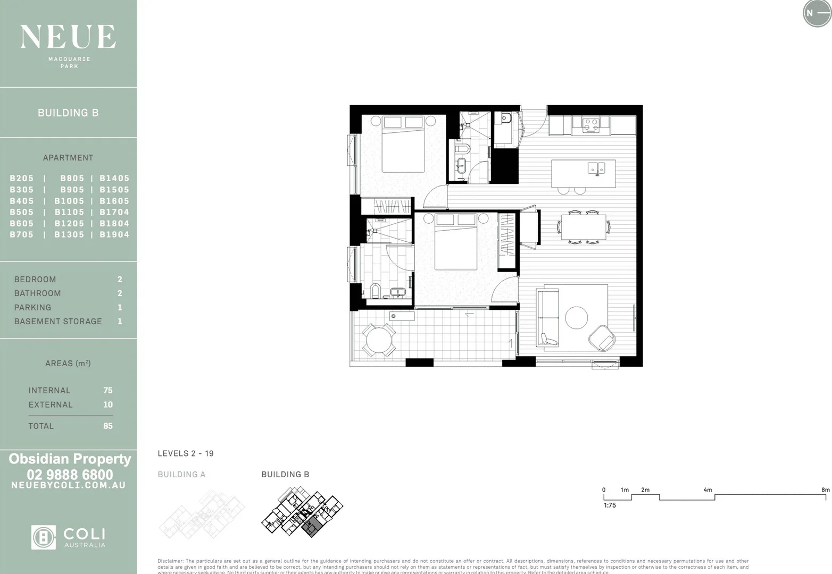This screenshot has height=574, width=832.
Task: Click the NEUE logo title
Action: pyautogui.click(x=68, y=37)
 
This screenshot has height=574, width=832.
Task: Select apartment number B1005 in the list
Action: pyautogui.click(x=69, y=201)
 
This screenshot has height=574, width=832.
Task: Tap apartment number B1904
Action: pyautogui.click(x=114, y=234)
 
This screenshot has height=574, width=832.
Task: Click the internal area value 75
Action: pyautogui.click(x=107, y=390)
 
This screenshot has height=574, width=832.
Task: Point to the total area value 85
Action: pyautogui.click(x=107, y=426)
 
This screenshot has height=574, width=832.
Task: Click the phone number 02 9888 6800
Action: pyautogui.click(x=70, y=474)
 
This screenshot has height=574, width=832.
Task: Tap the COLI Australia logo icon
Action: pyautogui.click(x=43, y=537)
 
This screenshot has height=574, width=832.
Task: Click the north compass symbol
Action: pyautogui.click(x=817, y=13)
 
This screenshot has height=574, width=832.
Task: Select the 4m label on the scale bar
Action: pyautogui.click(x=708, y=489)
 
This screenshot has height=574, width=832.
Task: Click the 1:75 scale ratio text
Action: pyautogui.click(x=610, y=505)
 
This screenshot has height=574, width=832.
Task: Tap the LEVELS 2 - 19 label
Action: pyautogui.click(x=186, y=453)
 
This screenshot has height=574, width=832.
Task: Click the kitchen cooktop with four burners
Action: pyautogui.click(x=590, y=125)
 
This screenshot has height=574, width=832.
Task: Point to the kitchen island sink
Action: pyautogui.click(x=596, y=168)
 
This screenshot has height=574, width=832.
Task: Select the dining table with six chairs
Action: pyautogui.click(x=584, y=227)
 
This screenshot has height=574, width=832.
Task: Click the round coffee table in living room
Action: pyautogui.click(x=576, y=318)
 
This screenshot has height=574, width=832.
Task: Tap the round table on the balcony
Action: pyautogui.click(x=378, y=340)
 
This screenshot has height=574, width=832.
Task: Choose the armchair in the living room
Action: pyautogui.click(x=602, y=338)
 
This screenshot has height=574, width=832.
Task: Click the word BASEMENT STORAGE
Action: pyautogui.click(x=58, y=321)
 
